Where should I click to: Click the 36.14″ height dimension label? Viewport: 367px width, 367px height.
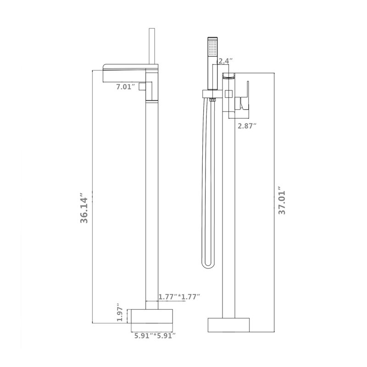point(84,208)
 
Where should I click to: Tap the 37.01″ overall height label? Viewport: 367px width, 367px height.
point(282,200)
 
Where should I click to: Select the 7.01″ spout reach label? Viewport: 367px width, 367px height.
point(126,87)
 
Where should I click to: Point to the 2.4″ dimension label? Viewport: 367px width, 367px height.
point(225,61)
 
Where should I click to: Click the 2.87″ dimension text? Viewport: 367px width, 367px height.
point(247,126)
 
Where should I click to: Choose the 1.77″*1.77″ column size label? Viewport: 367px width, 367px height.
point(179,297)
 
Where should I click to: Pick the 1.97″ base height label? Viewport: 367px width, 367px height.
point(120,312)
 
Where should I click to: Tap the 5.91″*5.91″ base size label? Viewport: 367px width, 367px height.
point(155,336)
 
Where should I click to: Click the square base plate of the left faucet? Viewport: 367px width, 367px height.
point(152,316)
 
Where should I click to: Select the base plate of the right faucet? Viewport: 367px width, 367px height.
point(228,325)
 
